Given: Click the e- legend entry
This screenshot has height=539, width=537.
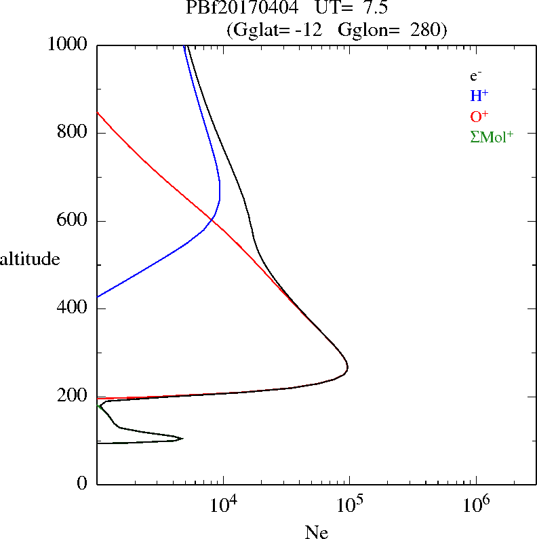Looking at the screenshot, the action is (475, 76).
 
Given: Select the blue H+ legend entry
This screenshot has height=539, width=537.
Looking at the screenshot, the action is (479, 96).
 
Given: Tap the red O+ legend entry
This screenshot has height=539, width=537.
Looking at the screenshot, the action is (479, 116).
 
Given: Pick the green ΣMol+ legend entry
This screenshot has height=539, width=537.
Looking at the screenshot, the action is (492, 137).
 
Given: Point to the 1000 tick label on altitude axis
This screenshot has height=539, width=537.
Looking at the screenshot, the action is (67, 44).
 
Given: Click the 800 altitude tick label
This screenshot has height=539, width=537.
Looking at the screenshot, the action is (72, 132).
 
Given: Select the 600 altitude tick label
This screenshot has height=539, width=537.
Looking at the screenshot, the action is (72, 220).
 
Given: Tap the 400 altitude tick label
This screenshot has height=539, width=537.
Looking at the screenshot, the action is (72, 307).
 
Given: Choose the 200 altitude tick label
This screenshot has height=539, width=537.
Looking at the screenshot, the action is (72, 395).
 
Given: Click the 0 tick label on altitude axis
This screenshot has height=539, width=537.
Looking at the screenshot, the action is (82, 483).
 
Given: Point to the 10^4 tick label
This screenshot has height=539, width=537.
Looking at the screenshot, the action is (223, 504).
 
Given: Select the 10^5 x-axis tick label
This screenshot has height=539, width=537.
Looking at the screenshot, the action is (350, 504).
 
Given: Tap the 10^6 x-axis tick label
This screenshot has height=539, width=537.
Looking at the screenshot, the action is (476, 504).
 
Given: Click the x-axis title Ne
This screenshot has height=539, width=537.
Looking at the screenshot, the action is (317, 532).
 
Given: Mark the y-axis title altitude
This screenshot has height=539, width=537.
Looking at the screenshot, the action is (30, 258).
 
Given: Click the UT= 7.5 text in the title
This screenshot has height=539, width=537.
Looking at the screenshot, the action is (351, 7).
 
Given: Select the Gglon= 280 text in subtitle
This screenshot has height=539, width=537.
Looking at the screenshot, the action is (389, 30).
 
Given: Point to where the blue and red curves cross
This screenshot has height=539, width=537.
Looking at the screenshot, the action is (211, 219).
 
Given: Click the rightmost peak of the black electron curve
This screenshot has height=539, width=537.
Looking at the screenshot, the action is (348, 367).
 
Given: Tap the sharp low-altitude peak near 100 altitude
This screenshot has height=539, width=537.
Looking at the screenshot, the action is (183, 438).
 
